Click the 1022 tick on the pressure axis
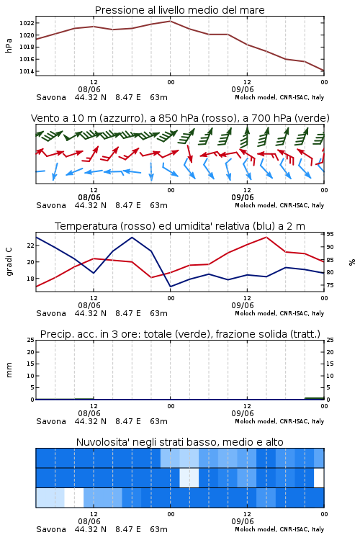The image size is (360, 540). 26,23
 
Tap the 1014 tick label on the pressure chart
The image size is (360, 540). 26,71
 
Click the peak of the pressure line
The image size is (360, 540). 170,21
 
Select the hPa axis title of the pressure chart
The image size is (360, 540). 9,45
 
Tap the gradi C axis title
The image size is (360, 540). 9,262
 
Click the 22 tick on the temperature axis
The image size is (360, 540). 30,246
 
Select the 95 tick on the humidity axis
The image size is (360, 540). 330,234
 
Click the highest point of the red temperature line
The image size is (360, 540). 266,237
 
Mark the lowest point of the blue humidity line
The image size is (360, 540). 170,287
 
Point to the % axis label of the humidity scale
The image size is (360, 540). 352,262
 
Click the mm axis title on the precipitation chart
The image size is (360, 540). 9,370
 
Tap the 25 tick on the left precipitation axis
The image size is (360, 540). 30,340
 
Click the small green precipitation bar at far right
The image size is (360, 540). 315,398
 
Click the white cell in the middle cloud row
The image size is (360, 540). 319,477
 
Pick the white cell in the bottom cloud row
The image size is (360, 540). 74,498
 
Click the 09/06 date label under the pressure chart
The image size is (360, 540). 243,89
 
